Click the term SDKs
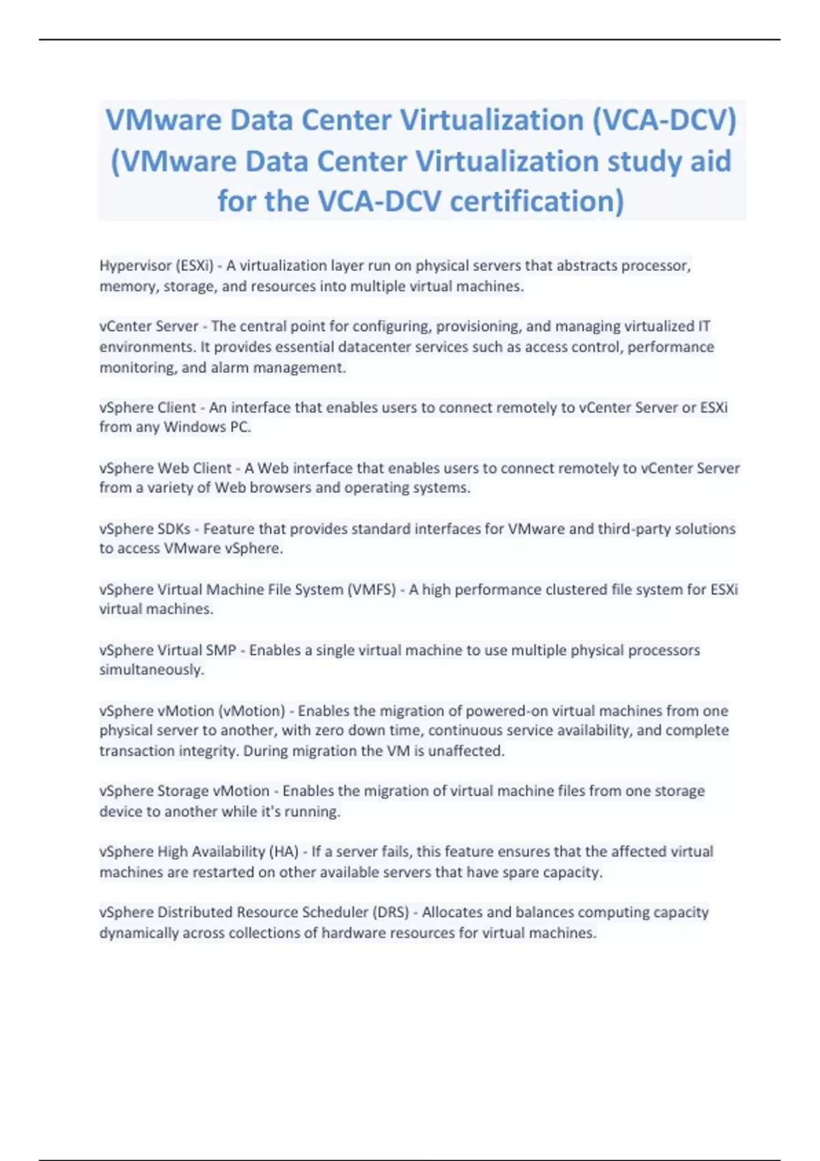tap(174, 529)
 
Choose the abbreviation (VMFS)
tap(372, 590)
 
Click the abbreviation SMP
tap(221, 651)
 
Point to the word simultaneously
tap(152, 670)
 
